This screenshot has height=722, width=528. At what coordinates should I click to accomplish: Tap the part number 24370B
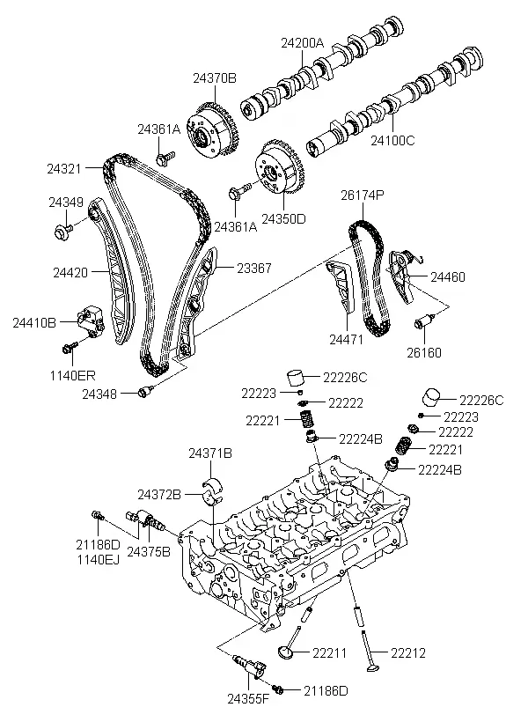tap(215, 78)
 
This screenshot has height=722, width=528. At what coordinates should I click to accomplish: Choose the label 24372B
tap(158, 495)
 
